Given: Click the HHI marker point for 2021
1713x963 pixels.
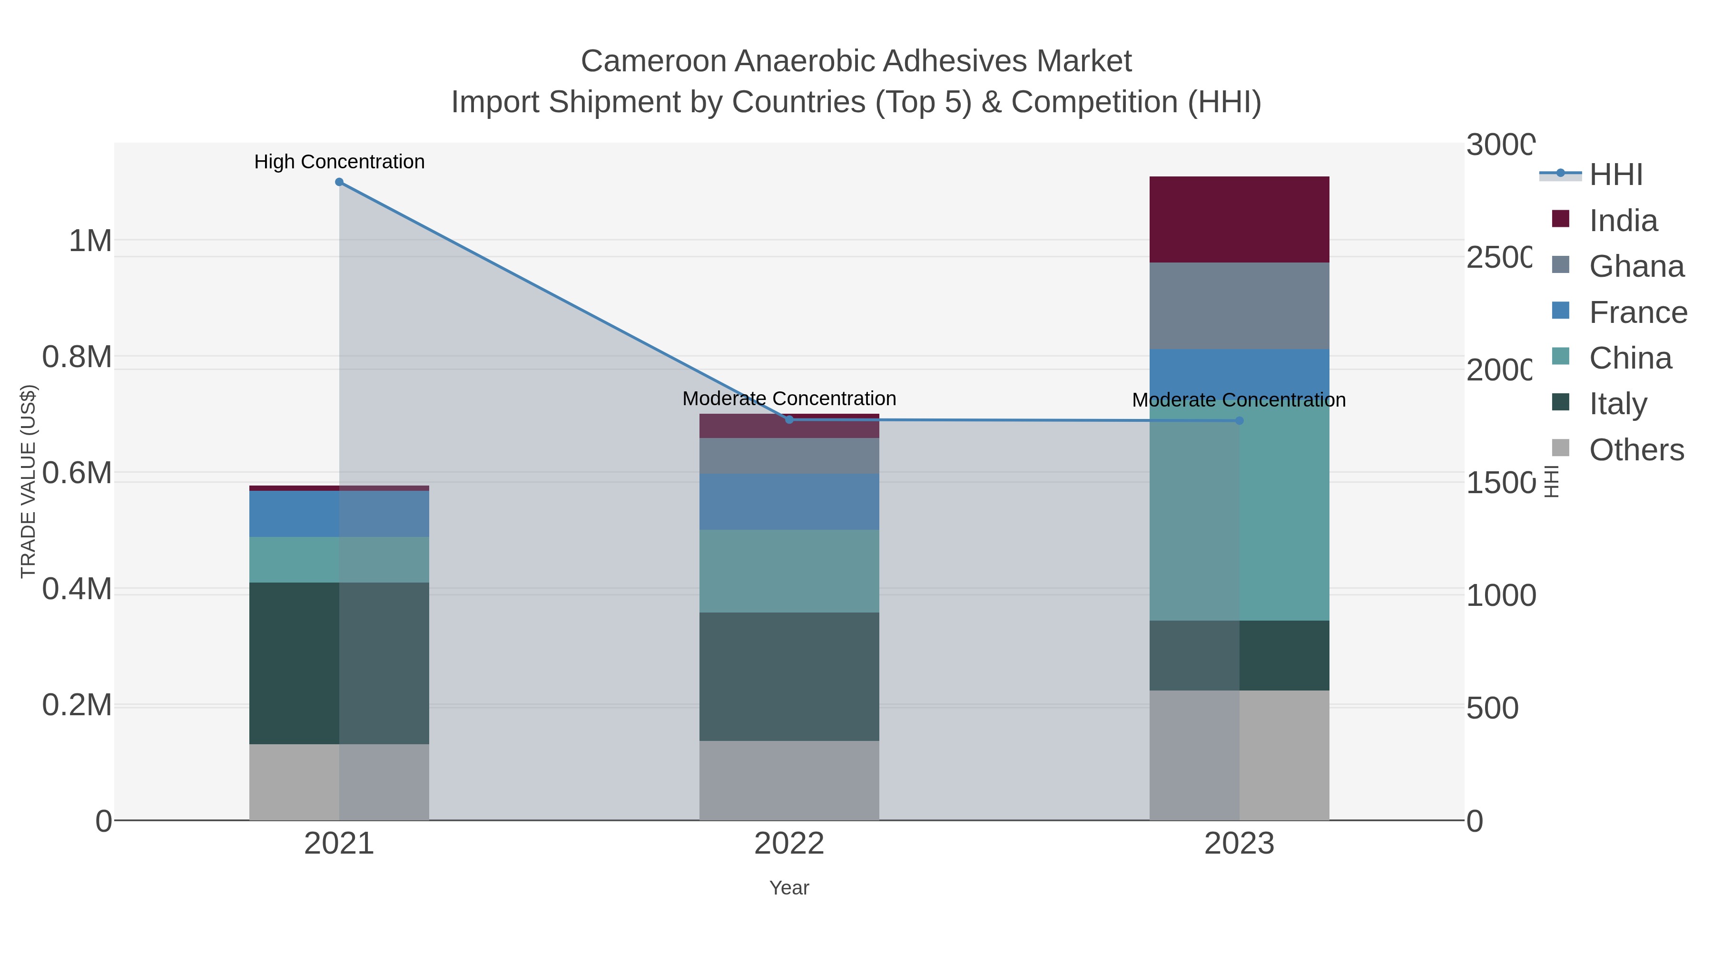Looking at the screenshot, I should coord(339,182).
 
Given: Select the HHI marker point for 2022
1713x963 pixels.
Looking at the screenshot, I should coord(789,419).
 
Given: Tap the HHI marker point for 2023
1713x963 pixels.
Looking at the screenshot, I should coord(1239,421).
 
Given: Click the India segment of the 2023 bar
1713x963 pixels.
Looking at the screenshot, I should coord(1239,219).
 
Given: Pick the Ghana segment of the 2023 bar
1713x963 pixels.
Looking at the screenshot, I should coord(1239,306).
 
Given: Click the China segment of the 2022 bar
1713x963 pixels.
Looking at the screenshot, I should coord(789,571).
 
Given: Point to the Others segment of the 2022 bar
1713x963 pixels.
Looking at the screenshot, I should coord(789,780).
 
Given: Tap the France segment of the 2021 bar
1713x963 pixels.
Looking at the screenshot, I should coord(339,514).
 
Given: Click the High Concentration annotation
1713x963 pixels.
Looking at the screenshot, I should coord(339,162).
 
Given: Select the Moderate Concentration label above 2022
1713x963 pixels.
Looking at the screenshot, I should coord(789,399).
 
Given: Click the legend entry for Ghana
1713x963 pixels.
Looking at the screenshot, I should coord(1636,266).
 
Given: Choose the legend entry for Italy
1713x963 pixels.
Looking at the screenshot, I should coord(1618,404).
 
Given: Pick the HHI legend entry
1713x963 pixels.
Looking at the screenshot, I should coord(1616,175).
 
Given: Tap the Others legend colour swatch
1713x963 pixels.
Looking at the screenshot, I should coord(1560,448).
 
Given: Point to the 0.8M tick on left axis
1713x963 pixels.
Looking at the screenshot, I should coord(77,357).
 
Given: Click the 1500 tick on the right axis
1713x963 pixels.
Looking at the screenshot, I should coord(1499,483).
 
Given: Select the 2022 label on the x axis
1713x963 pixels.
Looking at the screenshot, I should coord(789,844).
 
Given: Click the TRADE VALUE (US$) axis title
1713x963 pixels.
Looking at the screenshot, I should coord(28,481).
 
